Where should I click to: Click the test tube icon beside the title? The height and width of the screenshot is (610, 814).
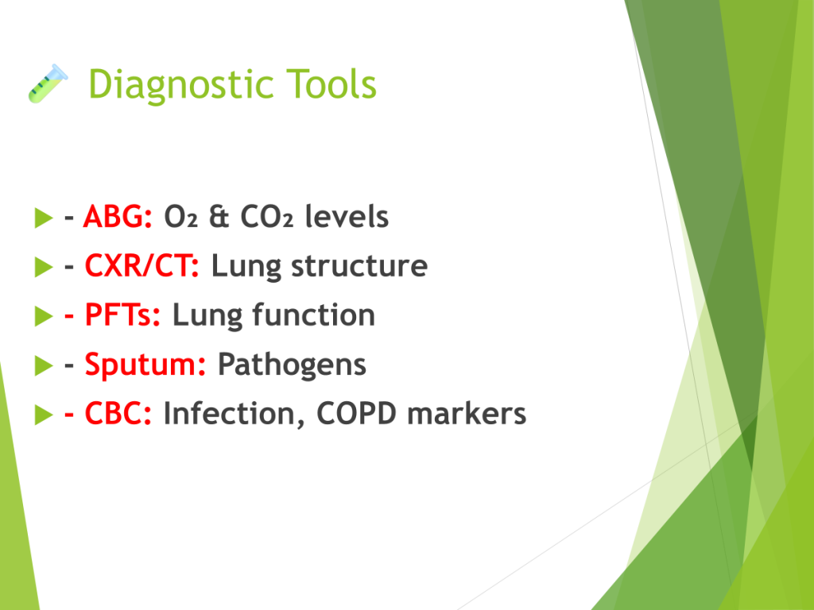point(48,83)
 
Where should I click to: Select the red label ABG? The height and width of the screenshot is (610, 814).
point(118,216)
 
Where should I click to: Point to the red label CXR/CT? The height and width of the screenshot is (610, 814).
point(141,265)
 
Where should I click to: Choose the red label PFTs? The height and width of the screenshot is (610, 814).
point(122,315)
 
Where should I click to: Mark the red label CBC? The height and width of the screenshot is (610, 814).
point(118,413)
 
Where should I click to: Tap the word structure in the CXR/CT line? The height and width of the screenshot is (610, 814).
point(359,266)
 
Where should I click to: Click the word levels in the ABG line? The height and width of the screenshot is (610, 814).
point(347,216)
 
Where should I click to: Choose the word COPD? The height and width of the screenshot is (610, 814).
point(356,413)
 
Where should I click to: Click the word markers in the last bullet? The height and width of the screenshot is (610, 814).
point(467,413)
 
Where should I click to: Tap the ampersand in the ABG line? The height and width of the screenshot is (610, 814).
point(219,216)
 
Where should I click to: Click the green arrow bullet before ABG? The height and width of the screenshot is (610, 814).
point(44,218)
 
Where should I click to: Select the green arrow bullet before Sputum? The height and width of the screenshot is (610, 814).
point(44,365)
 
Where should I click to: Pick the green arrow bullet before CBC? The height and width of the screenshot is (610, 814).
point(44,415)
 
